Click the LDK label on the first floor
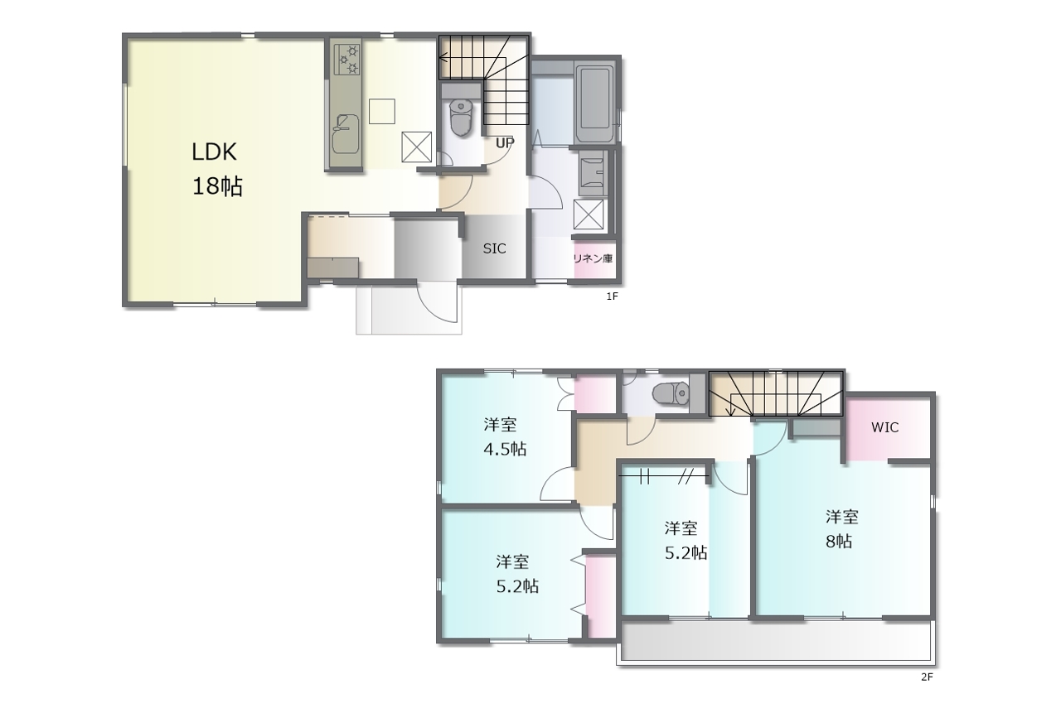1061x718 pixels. [x=214, y=152]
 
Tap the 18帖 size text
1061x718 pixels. [x=217, y=186]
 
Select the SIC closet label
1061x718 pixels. [x=495, y=248]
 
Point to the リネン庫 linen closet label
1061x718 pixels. [x=593, y=258]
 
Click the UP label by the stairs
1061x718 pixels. [x=505, y=142]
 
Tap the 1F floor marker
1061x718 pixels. [x=613, y=296]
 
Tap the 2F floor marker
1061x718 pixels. [x=927, y=677]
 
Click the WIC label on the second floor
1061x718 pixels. [x=884, y=427]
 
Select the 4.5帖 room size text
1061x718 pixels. [x=505, y=449]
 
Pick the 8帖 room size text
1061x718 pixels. [x=839, y=542]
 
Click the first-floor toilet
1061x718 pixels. [x=460, y=118]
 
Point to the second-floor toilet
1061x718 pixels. [x=671, y=393]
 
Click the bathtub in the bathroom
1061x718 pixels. [x=594, y=104]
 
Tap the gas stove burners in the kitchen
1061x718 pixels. [x=347, y=59]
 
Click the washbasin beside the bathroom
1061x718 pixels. [x=592, y=173]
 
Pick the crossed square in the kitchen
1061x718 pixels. [x=417, y=147]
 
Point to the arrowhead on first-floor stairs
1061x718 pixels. [x=443, y=58]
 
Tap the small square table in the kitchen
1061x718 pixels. [x=382, y=111]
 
